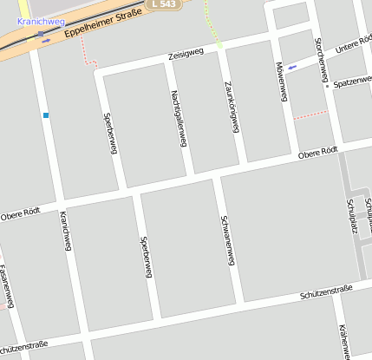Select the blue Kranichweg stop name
tap(35, 20)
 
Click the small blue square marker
tap(45, 115)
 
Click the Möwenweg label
tap(280, 82)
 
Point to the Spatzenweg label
tap(352, 82)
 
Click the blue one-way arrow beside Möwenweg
tap(292, 67)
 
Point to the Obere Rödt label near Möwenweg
tap(317, 153)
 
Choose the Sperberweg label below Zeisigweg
tap(109, 133)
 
